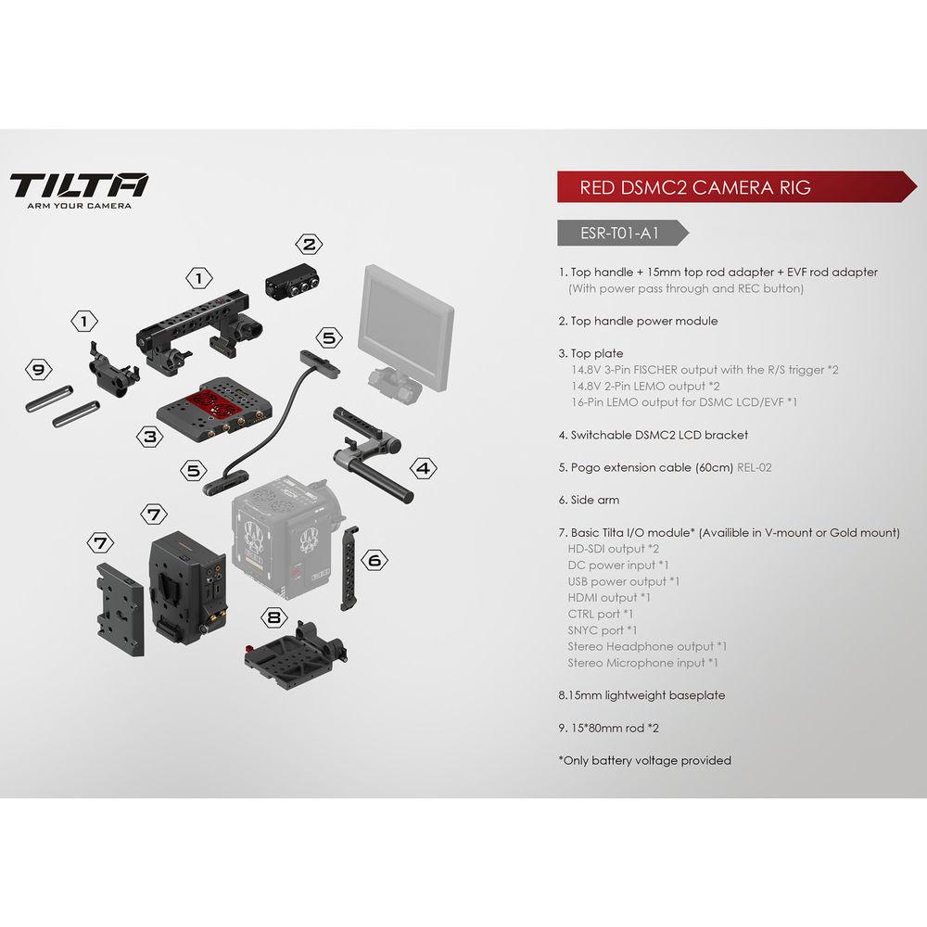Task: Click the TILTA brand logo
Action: pos(79,184)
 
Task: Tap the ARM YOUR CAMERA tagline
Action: pos(79,206)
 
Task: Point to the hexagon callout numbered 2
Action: pos(309,245)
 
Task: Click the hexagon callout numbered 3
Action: pos(147,434)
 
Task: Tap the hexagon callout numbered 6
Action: pos(373,561)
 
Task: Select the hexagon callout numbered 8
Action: pos(273,617)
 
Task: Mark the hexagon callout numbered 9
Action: pos(38,370)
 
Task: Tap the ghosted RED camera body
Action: pos(284,539)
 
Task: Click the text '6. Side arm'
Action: pos(589,500)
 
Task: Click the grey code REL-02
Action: pos(754,467)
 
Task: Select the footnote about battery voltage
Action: pos(644,760)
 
